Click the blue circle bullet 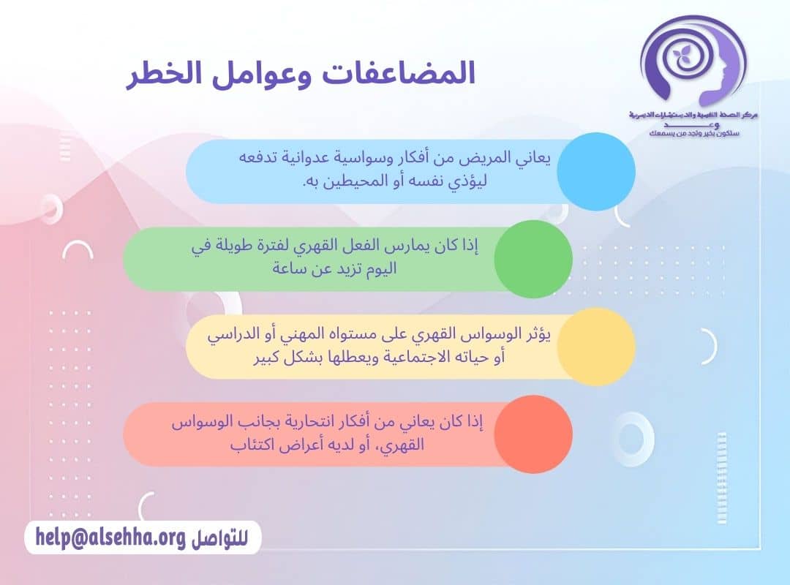595,171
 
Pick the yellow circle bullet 595,346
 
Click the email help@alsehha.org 110,537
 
